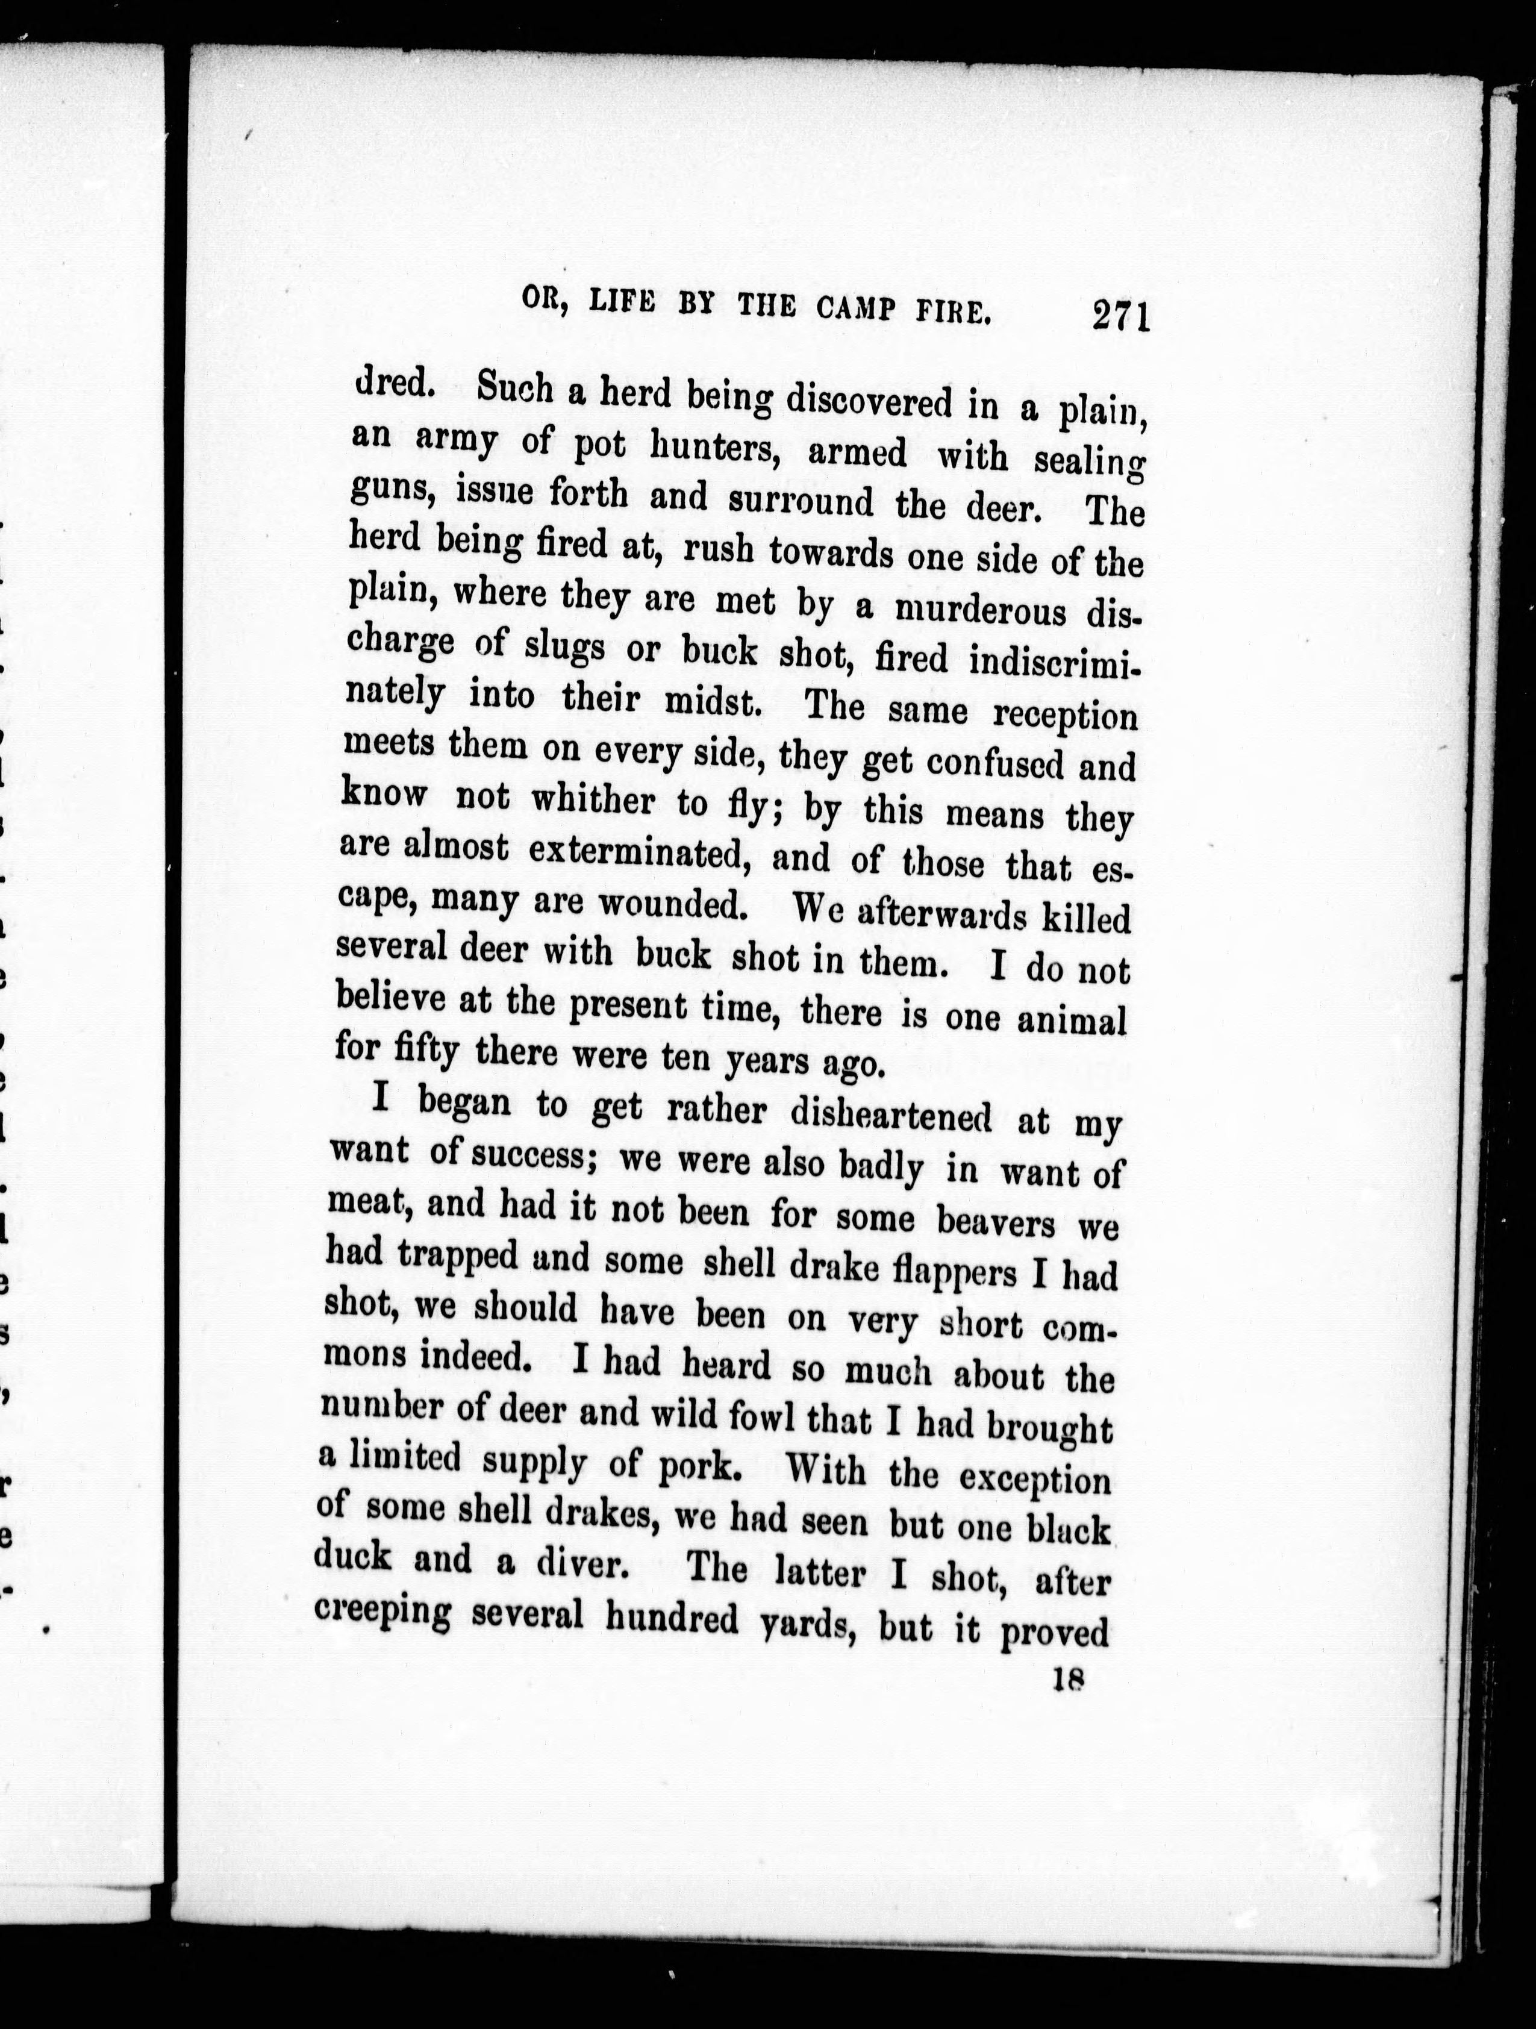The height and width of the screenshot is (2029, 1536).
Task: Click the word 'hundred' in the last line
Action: [x=672, y=1618]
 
